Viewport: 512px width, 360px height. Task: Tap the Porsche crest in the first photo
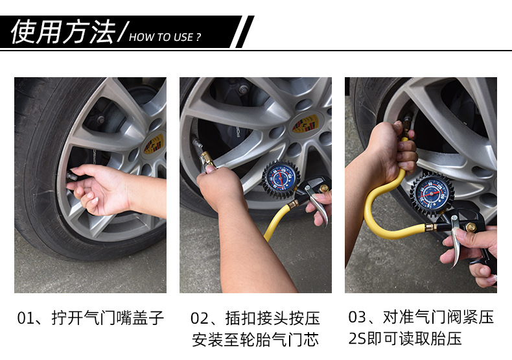click(x=154, y=143)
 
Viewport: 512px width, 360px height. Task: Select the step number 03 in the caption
click(x=357, y=317)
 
